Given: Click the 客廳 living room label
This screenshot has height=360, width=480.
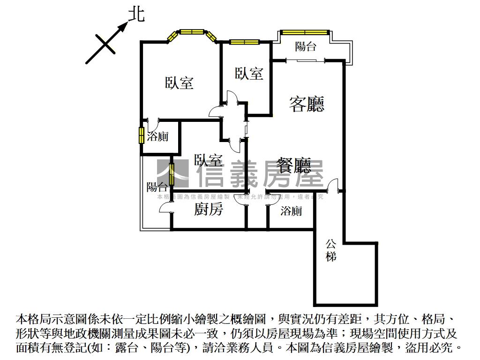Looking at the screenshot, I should pyautogui.click(x=307, y=103).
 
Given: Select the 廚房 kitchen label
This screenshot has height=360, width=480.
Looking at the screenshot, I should pyautogui.click(x=208, y=210).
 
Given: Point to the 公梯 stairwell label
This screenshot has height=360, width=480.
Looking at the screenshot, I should pyautogui.click(x=331, y=250).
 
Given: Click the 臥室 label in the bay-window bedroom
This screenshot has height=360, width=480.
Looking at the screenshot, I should pyautogui.click(x=179, y=83).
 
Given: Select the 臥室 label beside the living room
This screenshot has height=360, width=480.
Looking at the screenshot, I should pyautogui.click(x=249, y=73).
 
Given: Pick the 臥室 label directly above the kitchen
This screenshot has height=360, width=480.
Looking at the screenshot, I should pyautogui.click(x=208, y=160).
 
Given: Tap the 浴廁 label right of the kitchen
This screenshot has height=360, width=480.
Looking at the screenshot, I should pyautogui.click(x=291, y=211).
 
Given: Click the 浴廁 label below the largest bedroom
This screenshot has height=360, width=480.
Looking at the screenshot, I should pyautogui.click(x=157, y=137).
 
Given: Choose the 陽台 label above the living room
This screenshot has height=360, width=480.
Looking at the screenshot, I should pyautogui.click(x=306, y=46).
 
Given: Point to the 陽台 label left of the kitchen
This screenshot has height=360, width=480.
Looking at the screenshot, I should pyautogui.click(x=157, y=187).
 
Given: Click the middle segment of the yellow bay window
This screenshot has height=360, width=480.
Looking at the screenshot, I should pyautogui.click(x=192, y=32).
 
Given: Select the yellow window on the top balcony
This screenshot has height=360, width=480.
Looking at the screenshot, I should pyautogui.click(x=304, y=32).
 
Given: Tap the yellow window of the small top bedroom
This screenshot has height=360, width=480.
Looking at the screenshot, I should pyautogui.click(x=244, y=42).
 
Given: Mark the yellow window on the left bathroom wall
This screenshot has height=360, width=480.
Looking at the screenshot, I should pyautogui.click(x=141, y=135).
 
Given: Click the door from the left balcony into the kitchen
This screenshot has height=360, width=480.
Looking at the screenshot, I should pyautogui.click(x=166, y=210).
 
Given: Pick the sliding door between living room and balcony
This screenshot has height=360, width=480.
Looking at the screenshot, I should pyautogui.click(x=305, y=60).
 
